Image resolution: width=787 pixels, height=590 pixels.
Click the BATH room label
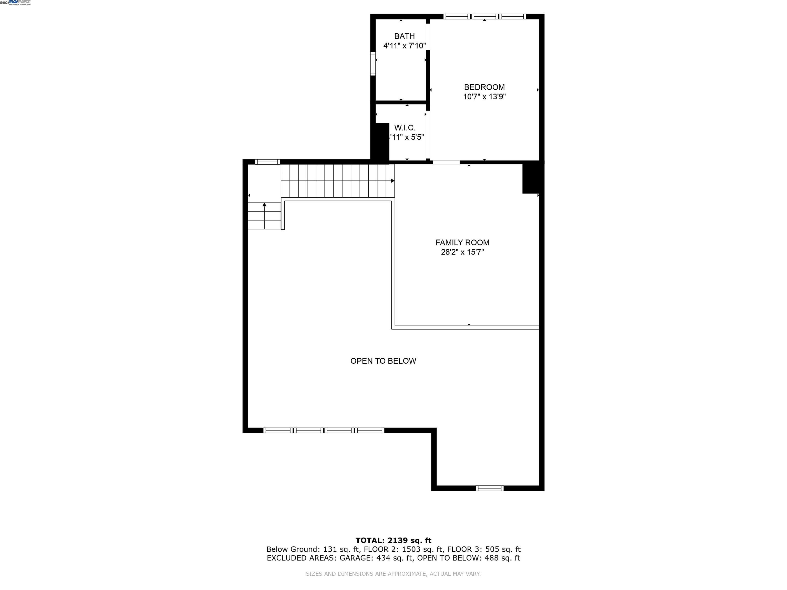[404, 36]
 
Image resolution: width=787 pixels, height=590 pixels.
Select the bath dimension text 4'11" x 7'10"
[404, 46]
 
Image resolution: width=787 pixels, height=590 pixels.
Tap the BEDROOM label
[484, 87]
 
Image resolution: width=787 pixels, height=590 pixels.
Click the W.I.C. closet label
[405, 128]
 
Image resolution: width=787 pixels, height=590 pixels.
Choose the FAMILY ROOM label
[462, 243]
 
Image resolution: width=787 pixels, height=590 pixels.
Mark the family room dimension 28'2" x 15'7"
[462, 252]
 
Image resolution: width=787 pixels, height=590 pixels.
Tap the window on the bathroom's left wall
[373, 64]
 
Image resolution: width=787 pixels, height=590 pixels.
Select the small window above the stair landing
[267, 162]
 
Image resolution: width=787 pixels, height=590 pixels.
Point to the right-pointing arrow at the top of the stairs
[392, 181]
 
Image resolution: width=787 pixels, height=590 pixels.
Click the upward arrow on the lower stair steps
[264, 205]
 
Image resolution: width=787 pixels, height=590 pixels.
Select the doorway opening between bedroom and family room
[446, 162]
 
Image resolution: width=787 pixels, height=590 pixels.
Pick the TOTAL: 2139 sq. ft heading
[393, 541]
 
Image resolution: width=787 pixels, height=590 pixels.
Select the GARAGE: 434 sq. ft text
[376, 558]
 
